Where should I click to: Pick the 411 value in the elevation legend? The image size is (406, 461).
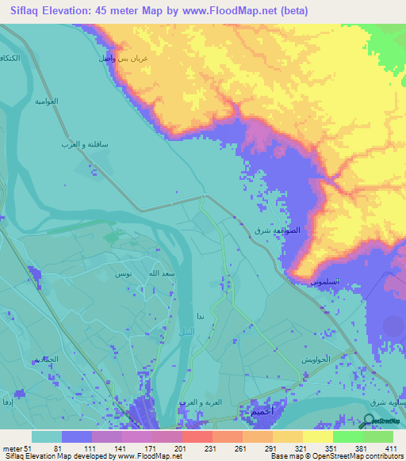tap(392, 448)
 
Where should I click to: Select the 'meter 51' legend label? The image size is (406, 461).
tap(16, 448)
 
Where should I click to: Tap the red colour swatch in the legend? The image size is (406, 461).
tap(197, 436)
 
